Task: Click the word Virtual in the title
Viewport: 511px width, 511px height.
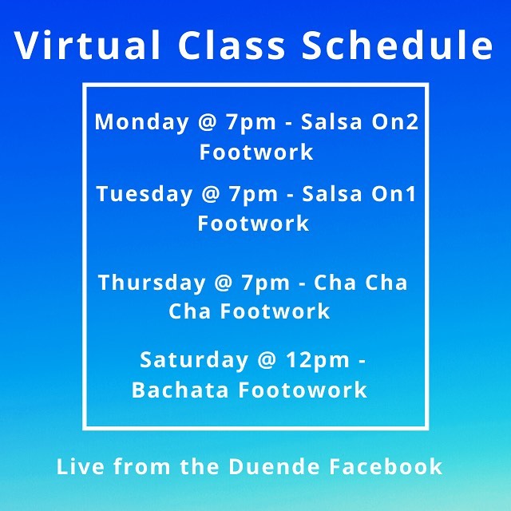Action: (87, 45)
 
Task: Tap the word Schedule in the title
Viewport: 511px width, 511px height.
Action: (398, 45)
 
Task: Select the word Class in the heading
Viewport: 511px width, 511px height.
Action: (232, 45)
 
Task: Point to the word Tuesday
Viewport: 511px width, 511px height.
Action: (145, 195)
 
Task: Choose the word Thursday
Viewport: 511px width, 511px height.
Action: (152, 283)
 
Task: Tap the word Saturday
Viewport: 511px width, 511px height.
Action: (194, 361)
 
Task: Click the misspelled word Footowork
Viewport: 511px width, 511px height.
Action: (303, 390)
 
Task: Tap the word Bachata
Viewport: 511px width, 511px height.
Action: (180, 390)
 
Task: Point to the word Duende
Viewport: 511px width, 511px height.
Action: (274, 466)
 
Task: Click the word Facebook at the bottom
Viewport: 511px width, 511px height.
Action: (386, 466)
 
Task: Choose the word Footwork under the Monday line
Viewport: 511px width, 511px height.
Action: (256, 152)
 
